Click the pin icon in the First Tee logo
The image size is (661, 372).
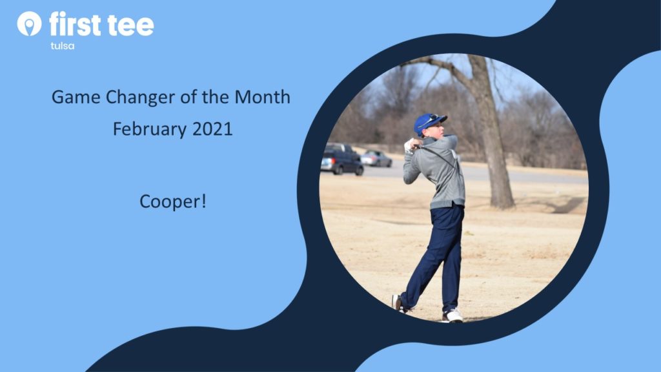[29, 23]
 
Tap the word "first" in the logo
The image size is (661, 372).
[75, 24]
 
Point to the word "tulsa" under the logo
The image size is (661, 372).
[63, 46]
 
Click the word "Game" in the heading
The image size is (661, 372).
[76, 97]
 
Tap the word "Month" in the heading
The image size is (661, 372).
[262, 97]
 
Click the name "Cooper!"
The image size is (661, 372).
[173, 201]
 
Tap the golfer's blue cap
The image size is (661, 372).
[429, 122]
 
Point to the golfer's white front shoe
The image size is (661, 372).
[453, 316]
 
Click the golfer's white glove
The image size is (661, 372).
[409, 145]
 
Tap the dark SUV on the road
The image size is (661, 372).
[341, 160]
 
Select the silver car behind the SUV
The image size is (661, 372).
[376, 159]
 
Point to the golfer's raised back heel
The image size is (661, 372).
[397, 302]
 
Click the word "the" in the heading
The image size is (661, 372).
[216, 97]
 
